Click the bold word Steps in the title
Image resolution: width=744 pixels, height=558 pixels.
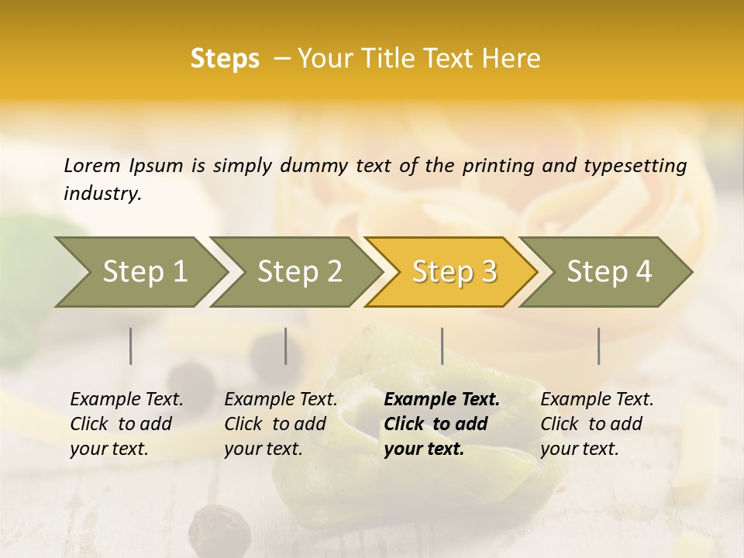225,59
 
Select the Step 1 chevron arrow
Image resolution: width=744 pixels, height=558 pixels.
139,272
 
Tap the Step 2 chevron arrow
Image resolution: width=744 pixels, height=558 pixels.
298,272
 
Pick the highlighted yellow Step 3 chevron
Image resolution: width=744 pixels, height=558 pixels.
453,272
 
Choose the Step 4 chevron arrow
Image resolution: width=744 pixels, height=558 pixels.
608,272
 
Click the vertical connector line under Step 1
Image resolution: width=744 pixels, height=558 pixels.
131,346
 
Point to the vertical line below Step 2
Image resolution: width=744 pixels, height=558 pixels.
286,346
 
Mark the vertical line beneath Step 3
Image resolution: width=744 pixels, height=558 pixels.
442,346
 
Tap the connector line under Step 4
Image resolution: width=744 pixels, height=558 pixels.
598,346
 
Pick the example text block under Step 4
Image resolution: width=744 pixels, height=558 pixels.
597,424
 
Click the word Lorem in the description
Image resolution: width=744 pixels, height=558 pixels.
91,165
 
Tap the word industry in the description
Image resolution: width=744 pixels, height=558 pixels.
102,193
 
